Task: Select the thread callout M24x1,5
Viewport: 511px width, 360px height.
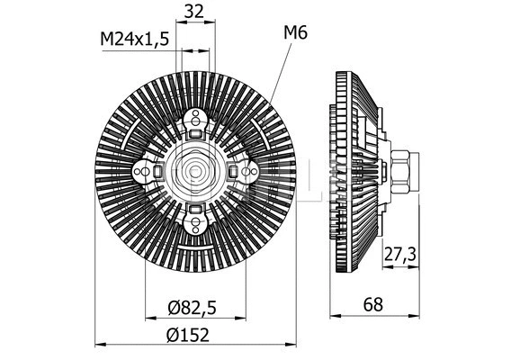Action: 134,40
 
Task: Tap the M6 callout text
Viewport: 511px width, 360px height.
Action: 295,33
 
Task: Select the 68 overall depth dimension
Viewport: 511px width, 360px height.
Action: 372,304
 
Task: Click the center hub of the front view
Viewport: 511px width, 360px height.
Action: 195,170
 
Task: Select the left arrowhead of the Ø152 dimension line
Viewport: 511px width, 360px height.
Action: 100,344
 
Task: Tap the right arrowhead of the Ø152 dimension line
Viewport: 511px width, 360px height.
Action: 291,344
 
